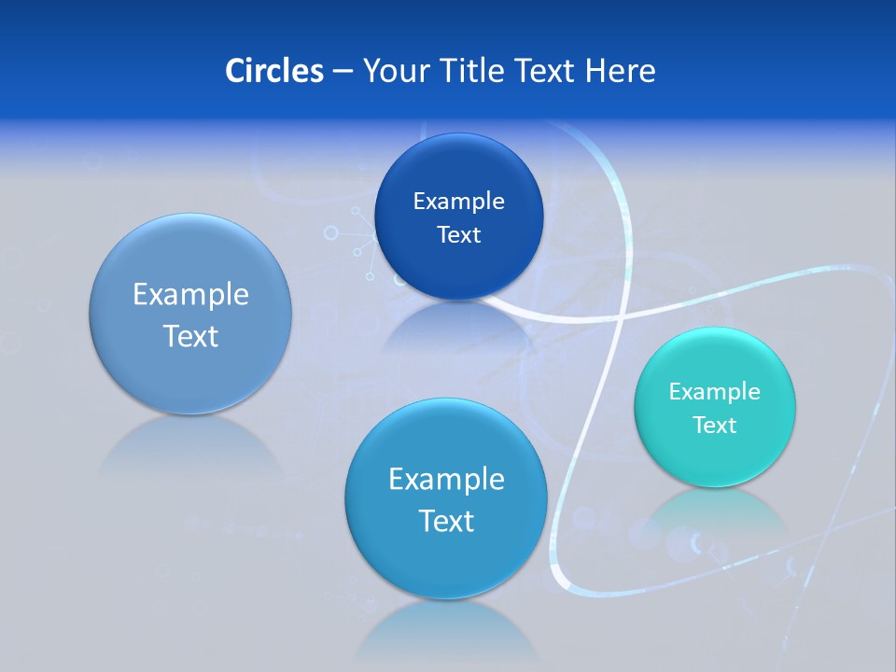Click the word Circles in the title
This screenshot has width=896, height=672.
tap(273, 71)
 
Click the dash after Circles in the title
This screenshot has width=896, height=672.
tap(342, 72)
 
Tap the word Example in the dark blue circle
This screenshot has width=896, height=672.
tap(458, 201)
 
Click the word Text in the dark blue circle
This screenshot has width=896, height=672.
tap(458, 234)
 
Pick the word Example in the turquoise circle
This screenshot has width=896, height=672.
tap(715, 391)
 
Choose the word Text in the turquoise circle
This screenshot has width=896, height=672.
tap(715, 425)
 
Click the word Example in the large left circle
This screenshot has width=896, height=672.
tap(190, 294)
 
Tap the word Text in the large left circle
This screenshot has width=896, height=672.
tap(190, 336)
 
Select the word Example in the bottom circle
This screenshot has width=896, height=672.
tap(446, 479)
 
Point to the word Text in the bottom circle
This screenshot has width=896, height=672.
tap(446, 521)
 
